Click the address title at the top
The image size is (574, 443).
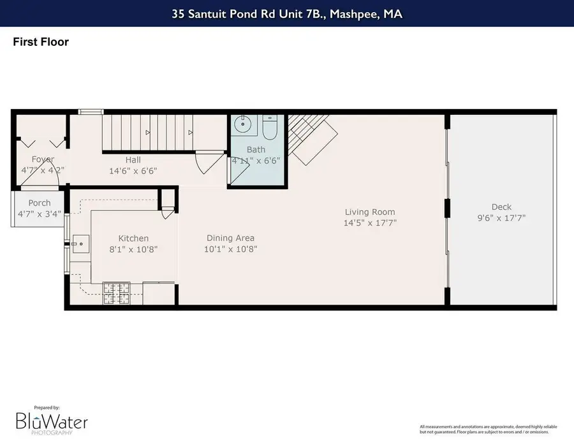coord(286,13)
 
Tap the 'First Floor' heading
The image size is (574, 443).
coord(41,42)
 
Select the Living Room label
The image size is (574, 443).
coord(370,212)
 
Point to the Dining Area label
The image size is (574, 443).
coord(230,238)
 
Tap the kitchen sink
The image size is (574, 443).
coord(81,243)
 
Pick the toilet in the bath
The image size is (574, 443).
coord(269,128)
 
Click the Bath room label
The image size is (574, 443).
coord(256,150)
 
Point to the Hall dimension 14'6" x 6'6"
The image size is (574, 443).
coord(133,171)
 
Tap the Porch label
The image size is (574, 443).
coord(40,203)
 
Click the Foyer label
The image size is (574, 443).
coord(43,159)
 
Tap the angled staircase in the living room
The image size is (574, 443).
coord(311,137)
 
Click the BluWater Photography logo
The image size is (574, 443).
coord(51,421)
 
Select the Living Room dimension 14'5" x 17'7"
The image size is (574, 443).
coord(370,223)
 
